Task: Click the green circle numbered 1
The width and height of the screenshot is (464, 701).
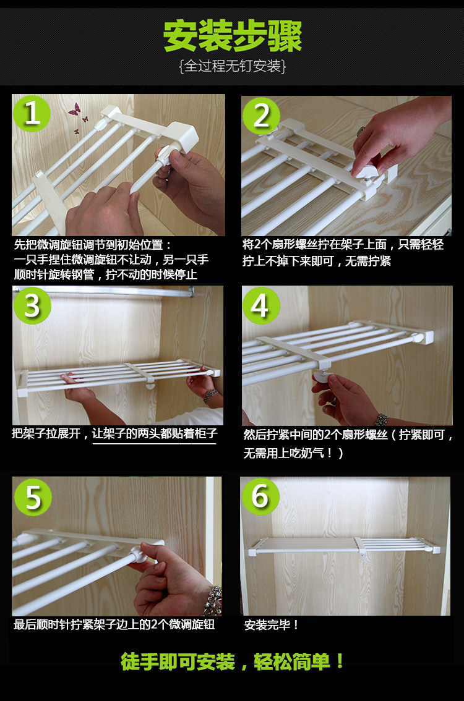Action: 32,113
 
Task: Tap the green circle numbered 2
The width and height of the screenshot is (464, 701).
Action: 261,116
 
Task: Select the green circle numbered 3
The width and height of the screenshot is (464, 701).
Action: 32,305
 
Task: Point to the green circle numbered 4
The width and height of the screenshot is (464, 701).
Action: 261,305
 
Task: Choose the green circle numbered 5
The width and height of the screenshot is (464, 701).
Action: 33,496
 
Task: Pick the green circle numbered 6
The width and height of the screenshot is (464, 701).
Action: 261,496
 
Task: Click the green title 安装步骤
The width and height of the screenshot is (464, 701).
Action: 233,36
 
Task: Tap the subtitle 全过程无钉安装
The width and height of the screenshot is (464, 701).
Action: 232,66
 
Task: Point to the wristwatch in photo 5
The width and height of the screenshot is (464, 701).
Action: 213,601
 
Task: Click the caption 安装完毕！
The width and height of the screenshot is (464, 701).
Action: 272,624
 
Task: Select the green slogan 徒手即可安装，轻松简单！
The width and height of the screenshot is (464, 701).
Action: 233,661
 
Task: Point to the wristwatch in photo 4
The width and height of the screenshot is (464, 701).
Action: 380,420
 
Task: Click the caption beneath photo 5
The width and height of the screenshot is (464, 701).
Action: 114,624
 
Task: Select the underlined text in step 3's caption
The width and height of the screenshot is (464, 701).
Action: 155,433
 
